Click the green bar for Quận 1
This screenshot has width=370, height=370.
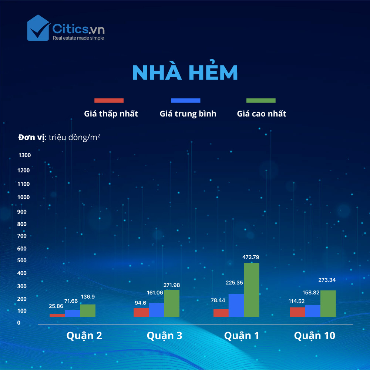(251, 290)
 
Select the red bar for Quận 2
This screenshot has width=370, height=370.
(57, 315)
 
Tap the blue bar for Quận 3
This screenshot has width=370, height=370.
(156, 310)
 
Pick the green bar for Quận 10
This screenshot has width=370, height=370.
(328, 303)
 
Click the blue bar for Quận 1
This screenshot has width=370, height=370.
(236, 305)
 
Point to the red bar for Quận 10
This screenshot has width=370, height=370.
(297, 312)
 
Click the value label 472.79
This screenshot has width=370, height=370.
(250, 257)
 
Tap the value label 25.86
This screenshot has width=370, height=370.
(56, 306)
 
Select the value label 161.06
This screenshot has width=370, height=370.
(155, 293)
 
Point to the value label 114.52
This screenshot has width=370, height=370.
(296, 301)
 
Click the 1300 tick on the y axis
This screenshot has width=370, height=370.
(24, 155)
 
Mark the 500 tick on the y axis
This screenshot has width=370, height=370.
(22, 260)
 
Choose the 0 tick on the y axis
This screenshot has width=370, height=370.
(19, 323)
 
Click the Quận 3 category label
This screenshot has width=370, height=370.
(165, 336)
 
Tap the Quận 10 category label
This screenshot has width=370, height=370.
(314, 336)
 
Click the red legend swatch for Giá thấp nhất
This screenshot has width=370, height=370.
(109, 101)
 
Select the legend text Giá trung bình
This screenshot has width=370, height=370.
(188, 114)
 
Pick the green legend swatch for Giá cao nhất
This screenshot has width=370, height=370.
(261, 101)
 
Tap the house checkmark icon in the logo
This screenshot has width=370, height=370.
(38, 28)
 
